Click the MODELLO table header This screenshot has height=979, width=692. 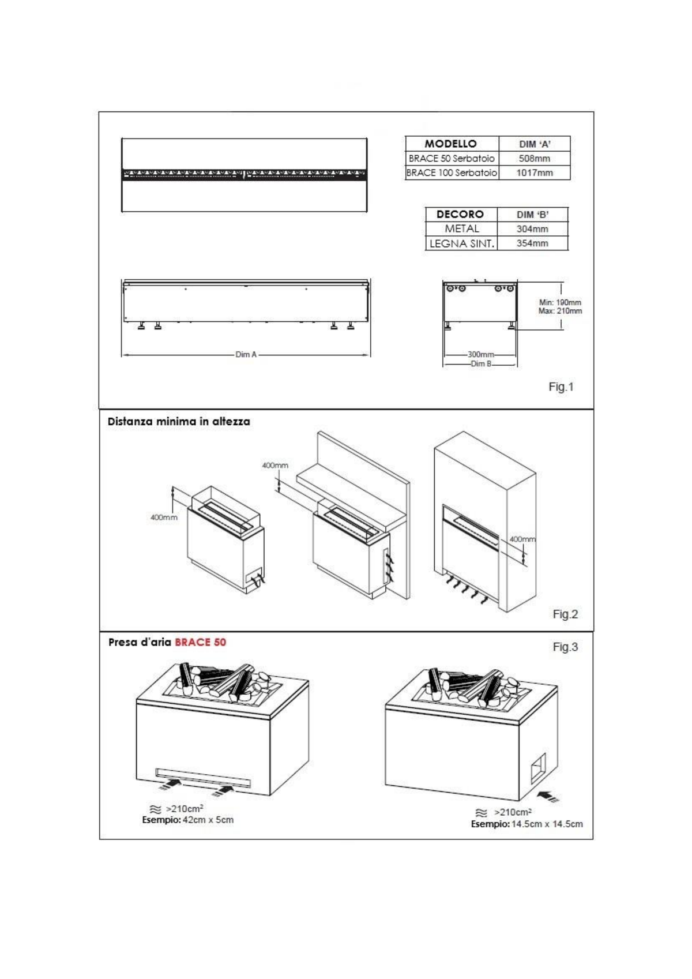click(x=450, y=144)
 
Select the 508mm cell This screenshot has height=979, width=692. click(x=535, y=158)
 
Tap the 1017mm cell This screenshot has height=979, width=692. click(x=535, y=172)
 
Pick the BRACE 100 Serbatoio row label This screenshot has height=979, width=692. click(x=452, y=172)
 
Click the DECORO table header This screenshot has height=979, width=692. click(x=460, y=214)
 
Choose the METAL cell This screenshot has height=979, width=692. click(x=462, y=228)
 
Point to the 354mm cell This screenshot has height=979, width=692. click(x=532, y=243)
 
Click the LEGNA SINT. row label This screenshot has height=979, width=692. click(x=462, y=243)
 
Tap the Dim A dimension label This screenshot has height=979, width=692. click(x=246, y=354)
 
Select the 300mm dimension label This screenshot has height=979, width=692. click(x=480, y=354)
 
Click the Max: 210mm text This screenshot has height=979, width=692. click(x=560, y=311)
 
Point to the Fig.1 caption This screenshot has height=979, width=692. click(x=561, y=387)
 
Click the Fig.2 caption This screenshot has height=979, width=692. click(x=565, y=614)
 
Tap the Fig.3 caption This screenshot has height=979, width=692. click(x=565, y=647)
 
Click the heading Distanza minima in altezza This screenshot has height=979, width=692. click(x=179, y=422)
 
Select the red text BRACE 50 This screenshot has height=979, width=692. click(x=201, y=642)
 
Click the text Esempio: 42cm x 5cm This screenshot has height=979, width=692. click(x=188, y=820)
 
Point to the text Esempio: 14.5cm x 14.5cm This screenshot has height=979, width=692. click(x=527, y=824)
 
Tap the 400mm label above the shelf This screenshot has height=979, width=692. click(x=275, y=466)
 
